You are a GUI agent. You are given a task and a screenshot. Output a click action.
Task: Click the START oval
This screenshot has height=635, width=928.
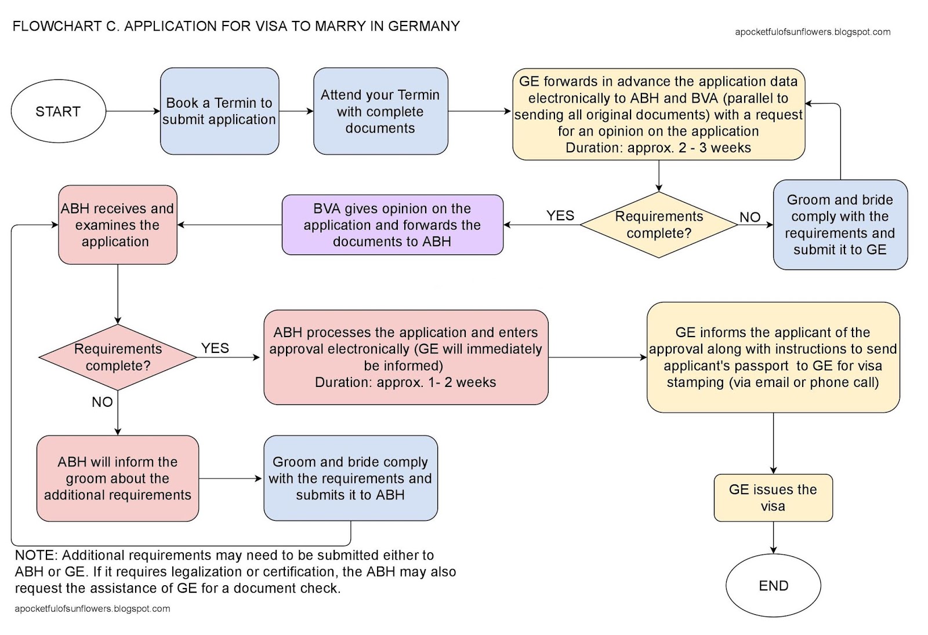58,111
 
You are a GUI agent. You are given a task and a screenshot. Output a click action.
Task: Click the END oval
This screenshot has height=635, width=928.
773,586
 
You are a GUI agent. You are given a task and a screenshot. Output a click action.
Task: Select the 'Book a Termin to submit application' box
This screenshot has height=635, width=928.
219,111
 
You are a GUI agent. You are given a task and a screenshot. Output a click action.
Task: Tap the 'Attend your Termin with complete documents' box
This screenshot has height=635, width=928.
380,111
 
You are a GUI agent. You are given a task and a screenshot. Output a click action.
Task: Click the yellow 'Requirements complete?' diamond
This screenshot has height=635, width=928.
659,225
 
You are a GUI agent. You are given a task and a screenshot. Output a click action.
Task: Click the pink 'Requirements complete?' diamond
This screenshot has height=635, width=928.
118,357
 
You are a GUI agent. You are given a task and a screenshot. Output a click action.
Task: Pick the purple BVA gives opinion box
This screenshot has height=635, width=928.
392,225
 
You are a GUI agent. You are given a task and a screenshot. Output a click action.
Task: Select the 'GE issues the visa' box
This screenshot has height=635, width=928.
773,498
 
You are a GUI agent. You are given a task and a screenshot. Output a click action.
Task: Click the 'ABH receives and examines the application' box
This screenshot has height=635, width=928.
117,225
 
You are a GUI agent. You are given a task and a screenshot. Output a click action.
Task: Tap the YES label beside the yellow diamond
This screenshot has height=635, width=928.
560,216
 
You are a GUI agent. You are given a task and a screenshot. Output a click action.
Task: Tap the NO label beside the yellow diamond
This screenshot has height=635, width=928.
749,217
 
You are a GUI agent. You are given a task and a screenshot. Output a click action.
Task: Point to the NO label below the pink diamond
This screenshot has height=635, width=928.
102,402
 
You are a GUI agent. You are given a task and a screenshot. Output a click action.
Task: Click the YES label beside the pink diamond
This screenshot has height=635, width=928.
215,348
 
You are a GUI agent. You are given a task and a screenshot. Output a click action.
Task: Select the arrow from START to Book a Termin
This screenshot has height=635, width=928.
133,111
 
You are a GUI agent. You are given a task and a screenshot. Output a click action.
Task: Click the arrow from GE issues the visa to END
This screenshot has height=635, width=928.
773,537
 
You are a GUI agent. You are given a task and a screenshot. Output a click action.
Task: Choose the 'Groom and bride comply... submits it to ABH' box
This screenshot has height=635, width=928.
350,479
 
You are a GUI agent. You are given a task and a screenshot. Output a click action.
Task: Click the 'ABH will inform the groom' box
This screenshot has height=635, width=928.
117,479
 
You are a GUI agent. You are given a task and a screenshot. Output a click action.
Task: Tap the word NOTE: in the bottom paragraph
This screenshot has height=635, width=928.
36,555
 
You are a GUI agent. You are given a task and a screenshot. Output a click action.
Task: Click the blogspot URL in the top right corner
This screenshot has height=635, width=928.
812,32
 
